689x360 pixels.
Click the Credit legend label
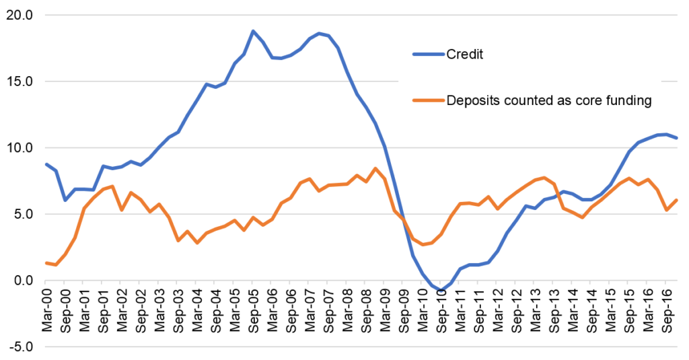[x=465, y=54]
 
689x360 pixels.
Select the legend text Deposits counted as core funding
[x=548, y=101]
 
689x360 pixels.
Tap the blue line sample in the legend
[x=428, y=54]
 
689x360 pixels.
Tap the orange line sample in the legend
[x=428, y=101]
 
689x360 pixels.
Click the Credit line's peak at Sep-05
[x=253, y=31]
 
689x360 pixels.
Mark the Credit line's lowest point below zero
[x=441, y=291]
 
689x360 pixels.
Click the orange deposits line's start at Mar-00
[x=46, y=263]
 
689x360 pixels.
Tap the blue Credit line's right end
[x=676, y=138]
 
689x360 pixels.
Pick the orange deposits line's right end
[x=676, y=200]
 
